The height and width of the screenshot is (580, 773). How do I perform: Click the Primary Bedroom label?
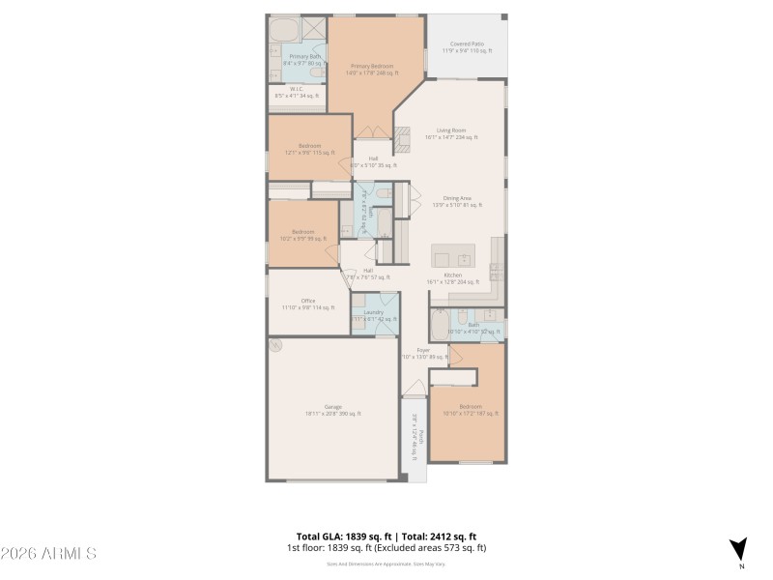click(373, 69)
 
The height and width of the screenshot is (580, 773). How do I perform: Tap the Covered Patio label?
click(467, 46)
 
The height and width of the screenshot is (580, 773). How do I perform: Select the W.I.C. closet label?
click(297, 93)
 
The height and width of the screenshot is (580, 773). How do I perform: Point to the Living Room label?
click(451, 133)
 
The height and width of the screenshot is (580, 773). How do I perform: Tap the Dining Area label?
click(456, 201)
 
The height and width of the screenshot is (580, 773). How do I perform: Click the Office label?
click(308, 304)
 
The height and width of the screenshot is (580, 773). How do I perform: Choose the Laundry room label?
click(374, 315)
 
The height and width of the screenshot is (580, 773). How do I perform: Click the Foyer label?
click(423, 353)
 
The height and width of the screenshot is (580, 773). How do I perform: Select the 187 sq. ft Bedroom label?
click(472, 409)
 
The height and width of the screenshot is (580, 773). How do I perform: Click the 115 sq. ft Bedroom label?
click(309, 149)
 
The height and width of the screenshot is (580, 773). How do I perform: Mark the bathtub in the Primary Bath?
click(284, 29)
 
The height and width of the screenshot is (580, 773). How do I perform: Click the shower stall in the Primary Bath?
click(314, 28)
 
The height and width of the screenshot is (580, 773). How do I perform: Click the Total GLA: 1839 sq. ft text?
click(343, 536)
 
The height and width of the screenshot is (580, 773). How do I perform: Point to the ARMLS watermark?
click(48, 554)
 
